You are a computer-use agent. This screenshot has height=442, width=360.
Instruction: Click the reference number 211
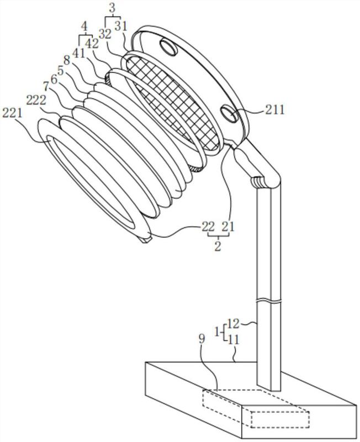(x=274, y=109)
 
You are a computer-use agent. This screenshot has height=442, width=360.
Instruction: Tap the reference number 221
(x=12, y=113)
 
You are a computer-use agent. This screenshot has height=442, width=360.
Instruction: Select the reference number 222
(x=36, y=100)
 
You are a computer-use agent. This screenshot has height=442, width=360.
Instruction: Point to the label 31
(x=121, y=27)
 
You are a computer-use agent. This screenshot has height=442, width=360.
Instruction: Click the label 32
(x=105, y=34)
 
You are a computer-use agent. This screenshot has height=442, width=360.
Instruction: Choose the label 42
(x=92, y=44)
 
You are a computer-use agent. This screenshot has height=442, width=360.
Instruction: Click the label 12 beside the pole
(x=233, y=324)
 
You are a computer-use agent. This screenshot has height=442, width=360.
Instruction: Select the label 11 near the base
(x=233, y=340)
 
